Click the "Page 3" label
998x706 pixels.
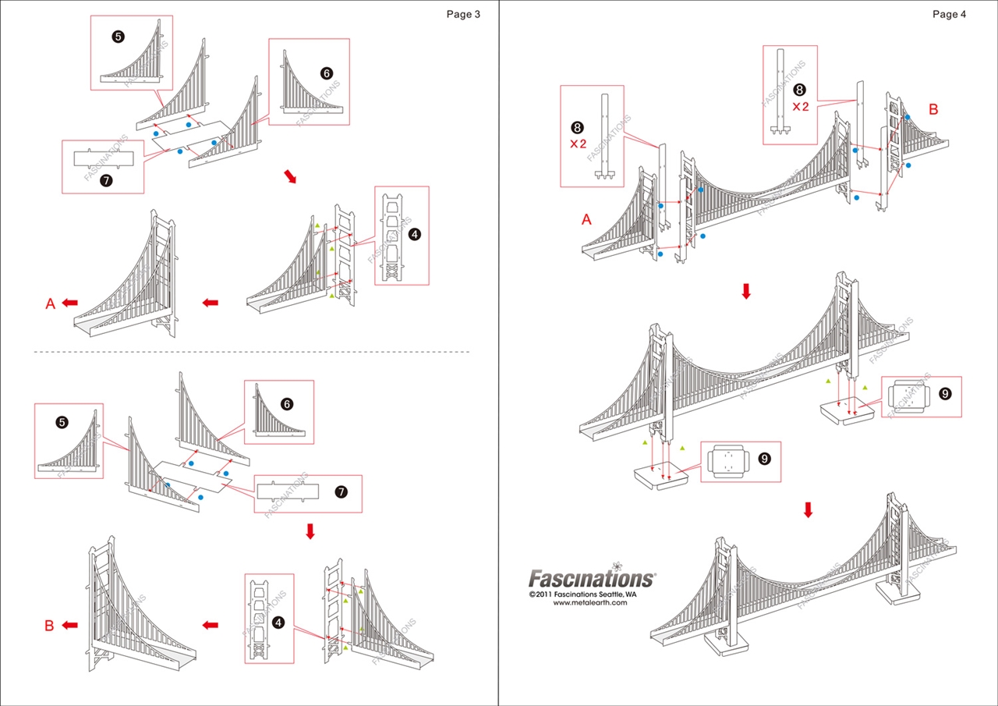[x=463, y=14]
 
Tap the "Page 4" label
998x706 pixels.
[x=949, y=14]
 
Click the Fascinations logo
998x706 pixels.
[x=592, y=579]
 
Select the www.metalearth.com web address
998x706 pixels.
[x=589, y=603]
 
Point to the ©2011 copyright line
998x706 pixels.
[x=582, y=594]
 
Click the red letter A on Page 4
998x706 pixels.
[x=587, y=221]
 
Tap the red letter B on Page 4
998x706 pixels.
[x=933, y=110]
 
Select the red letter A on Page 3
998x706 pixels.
[x=51, y=303]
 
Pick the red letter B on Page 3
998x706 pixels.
[x=49, y=626]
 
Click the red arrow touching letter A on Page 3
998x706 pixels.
[x=70, y=303]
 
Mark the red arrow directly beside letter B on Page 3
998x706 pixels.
[x=70, y=625]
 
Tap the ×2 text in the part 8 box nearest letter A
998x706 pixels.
[x=578, y=144]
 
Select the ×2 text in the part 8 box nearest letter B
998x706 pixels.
[x=801, y=107]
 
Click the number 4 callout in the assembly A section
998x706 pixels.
[x=414, y=234]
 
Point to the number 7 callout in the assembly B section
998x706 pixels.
[x=340, y=491]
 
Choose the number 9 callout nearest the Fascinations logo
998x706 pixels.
[x=764, y=459]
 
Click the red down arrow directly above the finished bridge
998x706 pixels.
[x=808, y=510]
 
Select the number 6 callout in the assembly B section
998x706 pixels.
[x=287, y=404]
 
